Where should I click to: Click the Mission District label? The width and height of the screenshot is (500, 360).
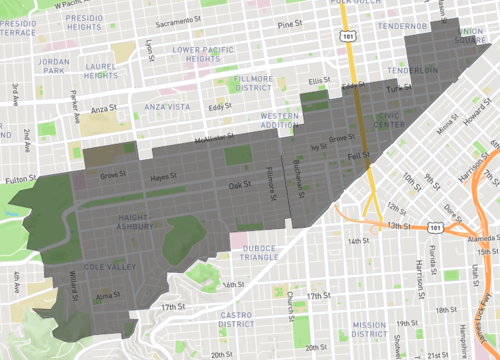[x=369, y=329]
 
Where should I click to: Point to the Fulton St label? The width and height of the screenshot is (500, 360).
[x=19, y=180]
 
